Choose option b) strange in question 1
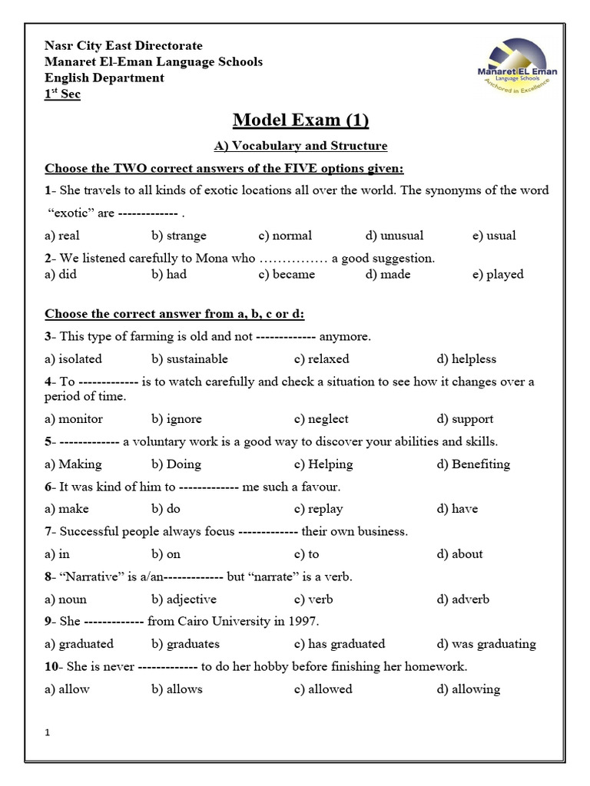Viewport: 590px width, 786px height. tap(179, 236)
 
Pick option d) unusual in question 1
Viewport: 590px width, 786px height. tap(394, 236)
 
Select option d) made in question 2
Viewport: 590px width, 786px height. tap(388, 274)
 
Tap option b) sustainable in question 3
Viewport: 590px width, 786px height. tap(190, 358)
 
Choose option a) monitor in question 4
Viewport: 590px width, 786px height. tap(74, 419)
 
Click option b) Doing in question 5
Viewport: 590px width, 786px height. tap(177, 464)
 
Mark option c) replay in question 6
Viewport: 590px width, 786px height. tap(318, 508)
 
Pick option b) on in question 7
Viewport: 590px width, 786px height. tap(167, 553)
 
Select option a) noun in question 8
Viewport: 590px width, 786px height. tap(66, 599)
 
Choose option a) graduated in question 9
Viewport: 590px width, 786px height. tap(79, 643)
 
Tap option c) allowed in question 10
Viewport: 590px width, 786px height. tap(323, 689)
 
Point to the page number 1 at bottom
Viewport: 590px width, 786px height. tap(48, 733)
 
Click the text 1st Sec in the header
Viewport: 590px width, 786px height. tap(62, 94)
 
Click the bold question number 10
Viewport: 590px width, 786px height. tap(51, 666)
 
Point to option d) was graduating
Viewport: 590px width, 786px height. tap(486, 643)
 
